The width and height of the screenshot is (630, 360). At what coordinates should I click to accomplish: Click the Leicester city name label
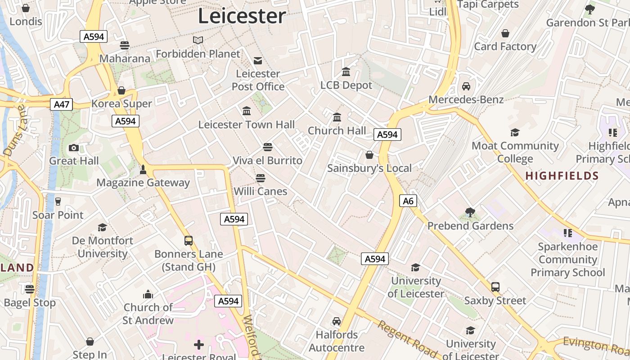242,16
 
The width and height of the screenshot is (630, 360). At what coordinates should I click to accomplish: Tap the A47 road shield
62,105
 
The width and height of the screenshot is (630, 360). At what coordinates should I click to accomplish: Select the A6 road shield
408,201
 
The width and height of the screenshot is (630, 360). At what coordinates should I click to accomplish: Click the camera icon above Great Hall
74,148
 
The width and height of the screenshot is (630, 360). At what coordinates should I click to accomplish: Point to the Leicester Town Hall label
247,125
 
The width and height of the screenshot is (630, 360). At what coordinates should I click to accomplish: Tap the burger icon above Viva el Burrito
268,147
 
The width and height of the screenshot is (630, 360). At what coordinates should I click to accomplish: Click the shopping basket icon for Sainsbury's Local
369,155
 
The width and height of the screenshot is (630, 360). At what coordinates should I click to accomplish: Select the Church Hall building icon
337,117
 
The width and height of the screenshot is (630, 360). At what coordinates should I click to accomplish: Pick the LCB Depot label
346,85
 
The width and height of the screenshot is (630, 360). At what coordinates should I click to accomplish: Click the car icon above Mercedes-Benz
466,86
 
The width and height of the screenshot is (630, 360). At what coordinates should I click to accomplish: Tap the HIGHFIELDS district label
562,176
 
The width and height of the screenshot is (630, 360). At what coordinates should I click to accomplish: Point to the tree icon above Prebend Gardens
470,212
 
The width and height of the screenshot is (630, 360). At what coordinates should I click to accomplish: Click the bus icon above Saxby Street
495,287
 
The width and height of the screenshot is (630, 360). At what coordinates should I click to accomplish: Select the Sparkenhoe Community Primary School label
568,260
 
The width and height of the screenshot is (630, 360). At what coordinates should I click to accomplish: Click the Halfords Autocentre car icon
337,321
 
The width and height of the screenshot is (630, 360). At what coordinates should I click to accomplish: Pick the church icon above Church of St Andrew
148,295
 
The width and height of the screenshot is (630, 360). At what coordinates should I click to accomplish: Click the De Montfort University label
103,247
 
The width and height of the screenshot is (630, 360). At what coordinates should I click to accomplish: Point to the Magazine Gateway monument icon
143,170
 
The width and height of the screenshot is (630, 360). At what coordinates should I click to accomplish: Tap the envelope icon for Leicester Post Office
258,60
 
